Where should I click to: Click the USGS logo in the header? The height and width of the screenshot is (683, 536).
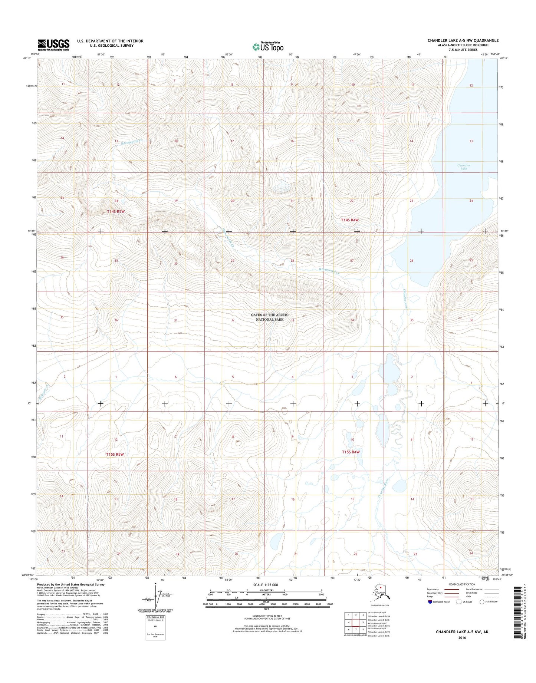pyautogui.click(x=53, y=45)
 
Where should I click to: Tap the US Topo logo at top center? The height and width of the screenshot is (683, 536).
pyautogui.click(x=267, y=47)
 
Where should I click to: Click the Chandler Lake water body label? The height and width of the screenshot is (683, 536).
pyautogui.click(x=464, y=167)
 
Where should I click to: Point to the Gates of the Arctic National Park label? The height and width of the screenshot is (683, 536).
pyautogui.click(x=269, y=317)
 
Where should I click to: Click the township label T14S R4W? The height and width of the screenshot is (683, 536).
pyautogui.click(x=350, y=220)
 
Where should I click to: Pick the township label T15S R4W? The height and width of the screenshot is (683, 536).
pyautogui.click(x=351, y=452)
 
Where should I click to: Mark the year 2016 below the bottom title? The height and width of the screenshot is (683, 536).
pyautogui.click(x=462, y=638)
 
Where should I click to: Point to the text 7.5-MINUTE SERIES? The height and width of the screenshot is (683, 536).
pyautogui.click(x=463, y=50)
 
